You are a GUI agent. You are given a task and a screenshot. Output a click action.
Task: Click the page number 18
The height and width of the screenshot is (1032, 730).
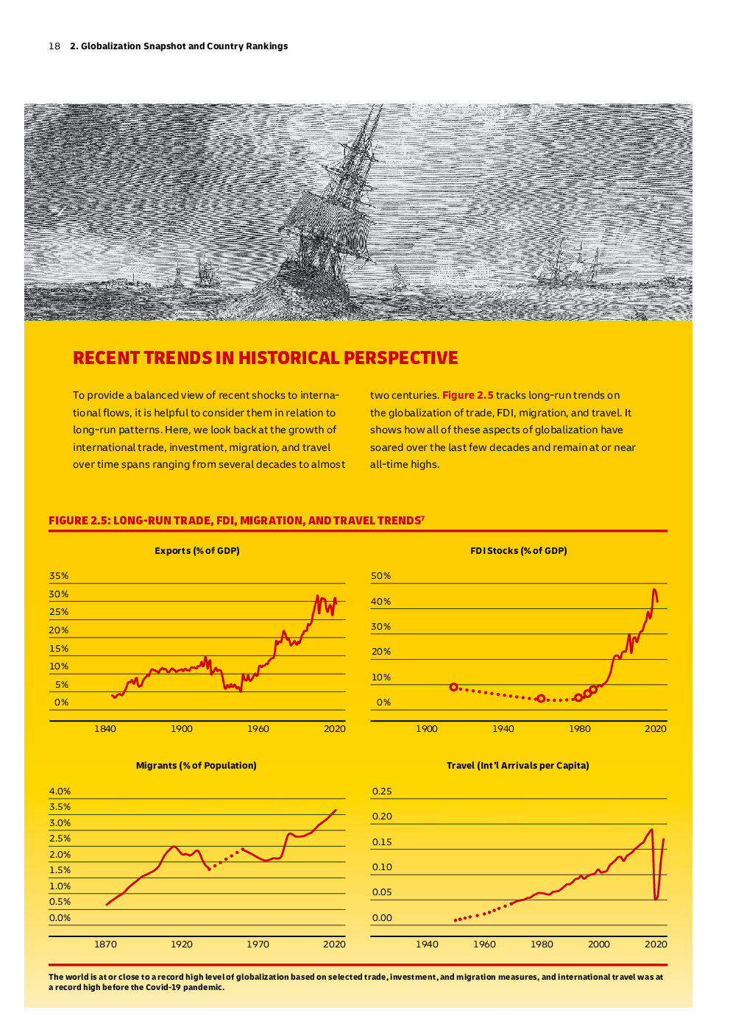pos(54,46)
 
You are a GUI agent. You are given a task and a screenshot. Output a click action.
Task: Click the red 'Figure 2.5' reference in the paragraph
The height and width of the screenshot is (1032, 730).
pos(467,395)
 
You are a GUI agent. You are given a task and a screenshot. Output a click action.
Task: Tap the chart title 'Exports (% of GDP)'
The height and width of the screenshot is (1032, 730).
pos(196,550)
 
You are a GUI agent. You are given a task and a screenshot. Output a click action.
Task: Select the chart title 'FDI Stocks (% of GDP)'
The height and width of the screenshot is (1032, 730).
pos(519,550)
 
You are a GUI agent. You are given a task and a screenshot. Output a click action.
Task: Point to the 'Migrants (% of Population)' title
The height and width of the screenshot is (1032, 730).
pos(196,765)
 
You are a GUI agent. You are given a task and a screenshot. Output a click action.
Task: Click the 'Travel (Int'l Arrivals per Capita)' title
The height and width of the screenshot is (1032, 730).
pos(517,765)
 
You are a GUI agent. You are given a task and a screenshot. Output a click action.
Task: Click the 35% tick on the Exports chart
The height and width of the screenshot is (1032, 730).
pos(59,576)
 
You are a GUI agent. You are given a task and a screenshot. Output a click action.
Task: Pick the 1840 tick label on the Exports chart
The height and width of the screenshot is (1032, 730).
pos(105,728)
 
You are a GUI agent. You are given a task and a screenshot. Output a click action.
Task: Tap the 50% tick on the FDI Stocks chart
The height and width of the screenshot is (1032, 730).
pos(380,576)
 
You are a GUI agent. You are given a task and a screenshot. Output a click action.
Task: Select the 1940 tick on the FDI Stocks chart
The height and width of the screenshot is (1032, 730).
pos(503,728)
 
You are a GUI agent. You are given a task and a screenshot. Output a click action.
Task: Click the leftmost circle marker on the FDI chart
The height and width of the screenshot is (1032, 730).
pos(453,687)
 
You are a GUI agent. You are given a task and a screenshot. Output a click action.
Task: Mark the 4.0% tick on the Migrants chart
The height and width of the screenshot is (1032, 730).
pos(60,791)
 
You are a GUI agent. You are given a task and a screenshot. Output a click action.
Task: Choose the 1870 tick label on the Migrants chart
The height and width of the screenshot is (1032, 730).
pos(105,944)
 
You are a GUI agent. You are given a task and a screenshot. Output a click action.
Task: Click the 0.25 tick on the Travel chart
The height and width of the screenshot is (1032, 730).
pos(382,791)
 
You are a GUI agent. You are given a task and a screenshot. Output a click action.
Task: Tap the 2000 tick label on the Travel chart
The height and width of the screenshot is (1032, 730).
pos(599,944)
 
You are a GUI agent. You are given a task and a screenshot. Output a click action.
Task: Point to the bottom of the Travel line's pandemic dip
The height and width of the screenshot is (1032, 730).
pos(656,899)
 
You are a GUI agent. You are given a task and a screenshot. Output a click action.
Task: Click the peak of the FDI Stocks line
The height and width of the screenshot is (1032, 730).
pos(654,589)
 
